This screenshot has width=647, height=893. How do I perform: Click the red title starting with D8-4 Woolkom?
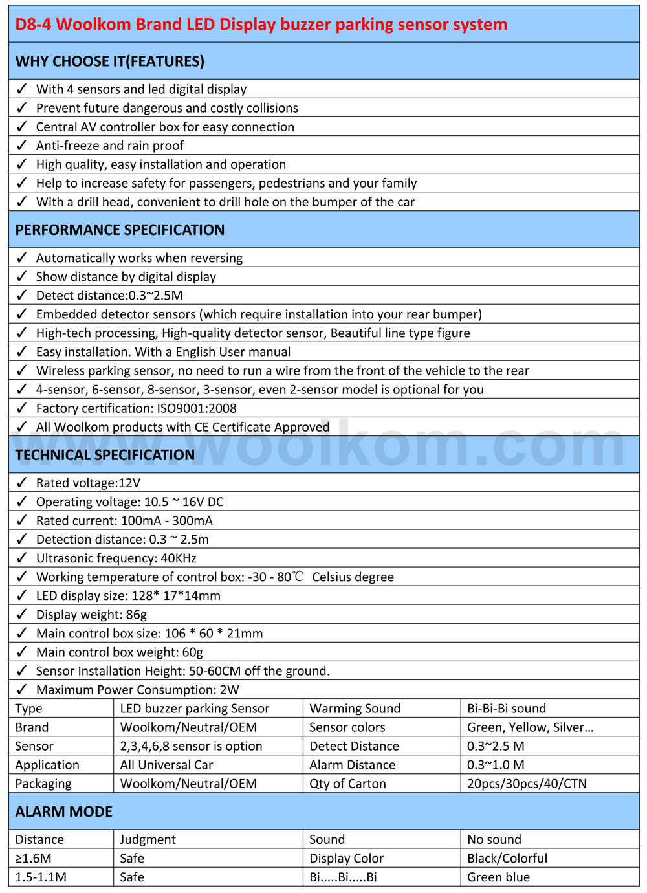pos(261,25)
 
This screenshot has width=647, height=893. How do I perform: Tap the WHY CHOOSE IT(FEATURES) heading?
pos(109,61)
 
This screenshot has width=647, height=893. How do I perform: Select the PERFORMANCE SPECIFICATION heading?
pos(120,230)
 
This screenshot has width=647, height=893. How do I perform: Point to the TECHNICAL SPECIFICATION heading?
pos(105,455)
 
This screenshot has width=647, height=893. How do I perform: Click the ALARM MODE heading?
pos(63,811)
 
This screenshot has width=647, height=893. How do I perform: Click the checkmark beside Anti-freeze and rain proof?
pos(22,146)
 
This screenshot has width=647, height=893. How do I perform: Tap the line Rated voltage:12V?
pos(88,483)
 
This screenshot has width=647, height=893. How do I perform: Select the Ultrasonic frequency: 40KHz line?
pos(116,558)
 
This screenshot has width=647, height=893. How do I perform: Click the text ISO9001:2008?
pos(197,408)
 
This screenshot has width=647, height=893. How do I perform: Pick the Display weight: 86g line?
pos(91,614)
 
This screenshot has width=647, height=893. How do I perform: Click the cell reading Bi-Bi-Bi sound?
pos(506,709)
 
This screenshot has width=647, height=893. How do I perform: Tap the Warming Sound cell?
pos(355,709)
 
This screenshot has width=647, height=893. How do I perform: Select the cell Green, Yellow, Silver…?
pos(530,727)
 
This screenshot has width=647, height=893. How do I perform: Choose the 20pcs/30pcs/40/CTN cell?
pos(527,784)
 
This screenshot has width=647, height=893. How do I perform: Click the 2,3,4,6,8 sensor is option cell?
pos(191,746)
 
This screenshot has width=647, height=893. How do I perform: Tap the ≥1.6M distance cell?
pos(33,858)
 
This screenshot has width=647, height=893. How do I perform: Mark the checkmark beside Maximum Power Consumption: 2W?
pos(22,690)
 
